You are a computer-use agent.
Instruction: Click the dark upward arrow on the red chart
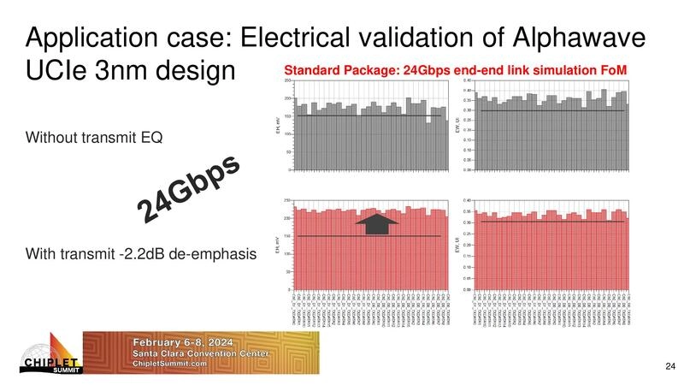[376, 224]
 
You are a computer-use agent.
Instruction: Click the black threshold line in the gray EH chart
[368, 115]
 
